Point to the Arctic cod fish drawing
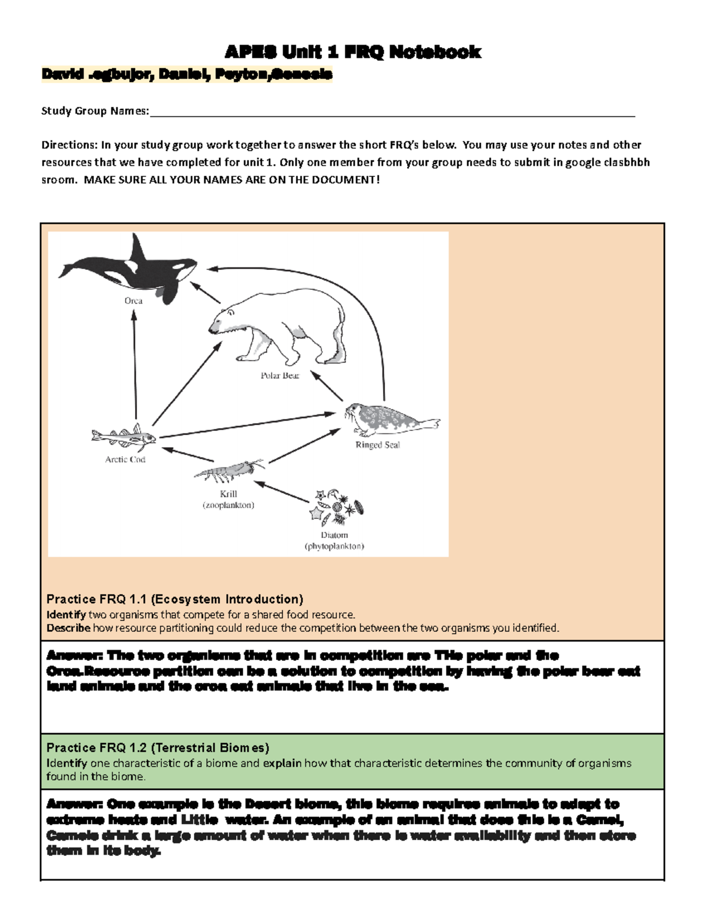[x=124, y=436]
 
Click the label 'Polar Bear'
[x=280, y=375]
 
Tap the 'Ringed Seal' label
[x=377, y=445]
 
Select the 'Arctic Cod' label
[x=125, y=459]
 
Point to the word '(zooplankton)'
[x=229, y=505]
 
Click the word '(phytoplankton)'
[x=334, y=546]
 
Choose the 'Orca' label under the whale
[x=133, y=300]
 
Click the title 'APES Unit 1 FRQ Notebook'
[x=352, y=52]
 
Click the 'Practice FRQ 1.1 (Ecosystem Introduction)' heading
[x=174, y=599]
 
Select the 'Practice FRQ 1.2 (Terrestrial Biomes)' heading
[x=157, y=748]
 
